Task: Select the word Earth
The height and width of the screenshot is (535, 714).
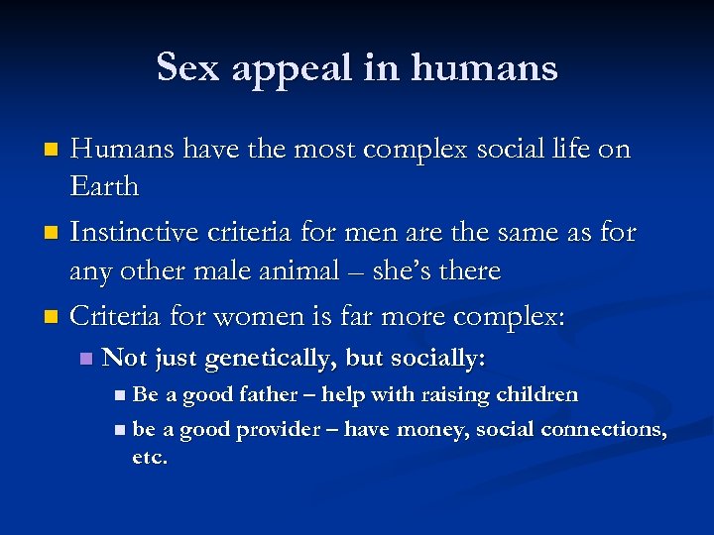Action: click(x=104, y=187)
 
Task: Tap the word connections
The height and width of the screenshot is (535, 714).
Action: click(x=606, y=429)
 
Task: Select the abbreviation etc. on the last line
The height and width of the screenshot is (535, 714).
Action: click(x=150, y=458)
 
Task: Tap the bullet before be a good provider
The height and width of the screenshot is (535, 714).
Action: click(x=119, y=430)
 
